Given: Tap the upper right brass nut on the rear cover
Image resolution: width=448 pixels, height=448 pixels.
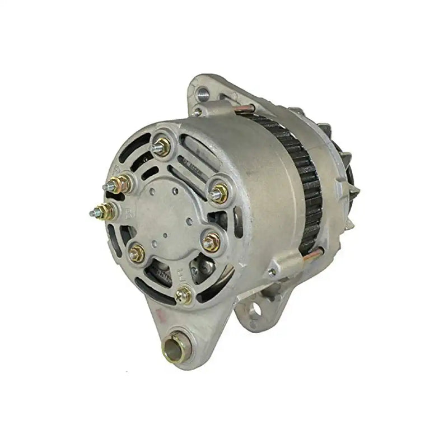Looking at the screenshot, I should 219,193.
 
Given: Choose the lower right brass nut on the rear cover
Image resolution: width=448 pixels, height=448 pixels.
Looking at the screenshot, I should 211,242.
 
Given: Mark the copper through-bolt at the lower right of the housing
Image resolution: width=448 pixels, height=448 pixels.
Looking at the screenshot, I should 312,255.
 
